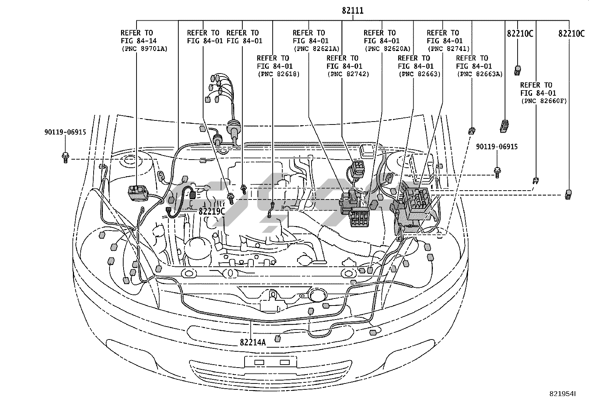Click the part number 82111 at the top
tap(353, 10)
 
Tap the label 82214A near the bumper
tap(253, 342)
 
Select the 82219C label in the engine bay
tap(212, 211)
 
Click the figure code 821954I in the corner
tap(562, 394)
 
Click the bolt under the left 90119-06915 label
tap(65, 158)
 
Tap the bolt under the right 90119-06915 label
tap(497, 173)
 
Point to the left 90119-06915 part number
tap(65, 132)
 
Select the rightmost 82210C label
tap(572, 34)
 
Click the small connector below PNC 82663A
tap(472, 130)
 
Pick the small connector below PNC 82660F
tap(535, 181)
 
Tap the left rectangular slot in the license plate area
tap(259, 362)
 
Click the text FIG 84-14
tap(139, 41)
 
